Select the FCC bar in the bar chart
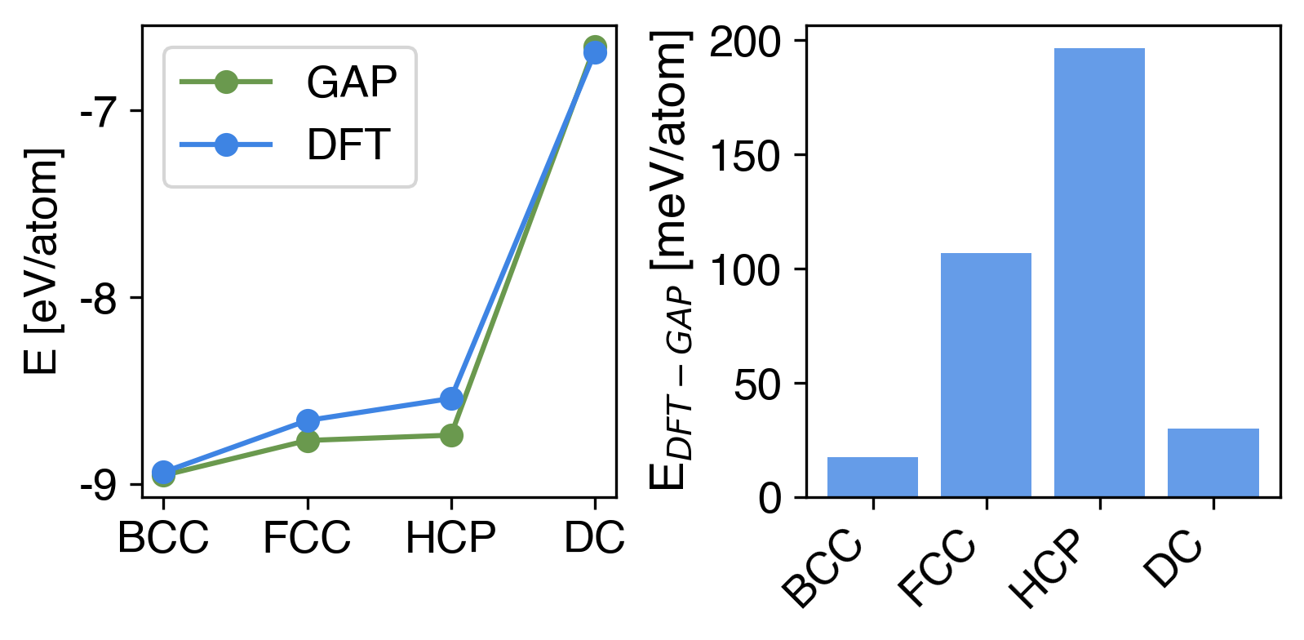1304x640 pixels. click(x=986, y=375)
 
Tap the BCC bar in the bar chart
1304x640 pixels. click(x=872, y=477)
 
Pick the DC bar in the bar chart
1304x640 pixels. click(x=1213, y=462)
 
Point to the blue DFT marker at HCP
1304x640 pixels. click(x=451, y=398)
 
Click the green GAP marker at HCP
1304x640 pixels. click(x=451, y=436)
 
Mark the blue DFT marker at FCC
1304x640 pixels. click(x=308, y=421)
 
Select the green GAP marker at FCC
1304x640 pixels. click(x=308, y=442)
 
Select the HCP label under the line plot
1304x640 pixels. click(x=450, y=538)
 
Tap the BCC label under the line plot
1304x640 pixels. click(x=163, y=538)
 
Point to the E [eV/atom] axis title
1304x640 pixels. click(x=42, y=261)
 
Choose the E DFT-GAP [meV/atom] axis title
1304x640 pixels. click(x=672, y=261)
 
